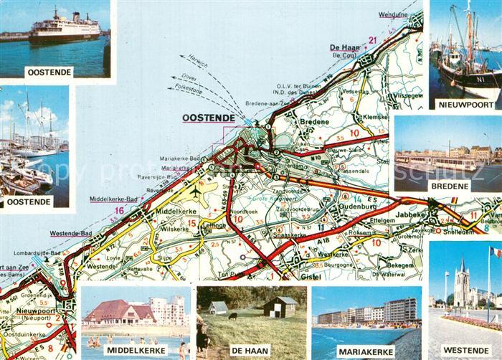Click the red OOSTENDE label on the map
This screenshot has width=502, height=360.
click(209, 118)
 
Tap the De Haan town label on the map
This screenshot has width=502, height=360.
click(344, 48)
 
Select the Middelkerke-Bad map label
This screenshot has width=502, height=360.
click(113, 198)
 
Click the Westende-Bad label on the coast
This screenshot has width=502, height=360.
click(70, 233)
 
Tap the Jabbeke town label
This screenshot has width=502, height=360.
click(409, 213)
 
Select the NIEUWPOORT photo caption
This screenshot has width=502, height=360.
click(465, 103)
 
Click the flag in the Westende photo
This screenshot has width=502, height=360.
click(496, 252)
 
